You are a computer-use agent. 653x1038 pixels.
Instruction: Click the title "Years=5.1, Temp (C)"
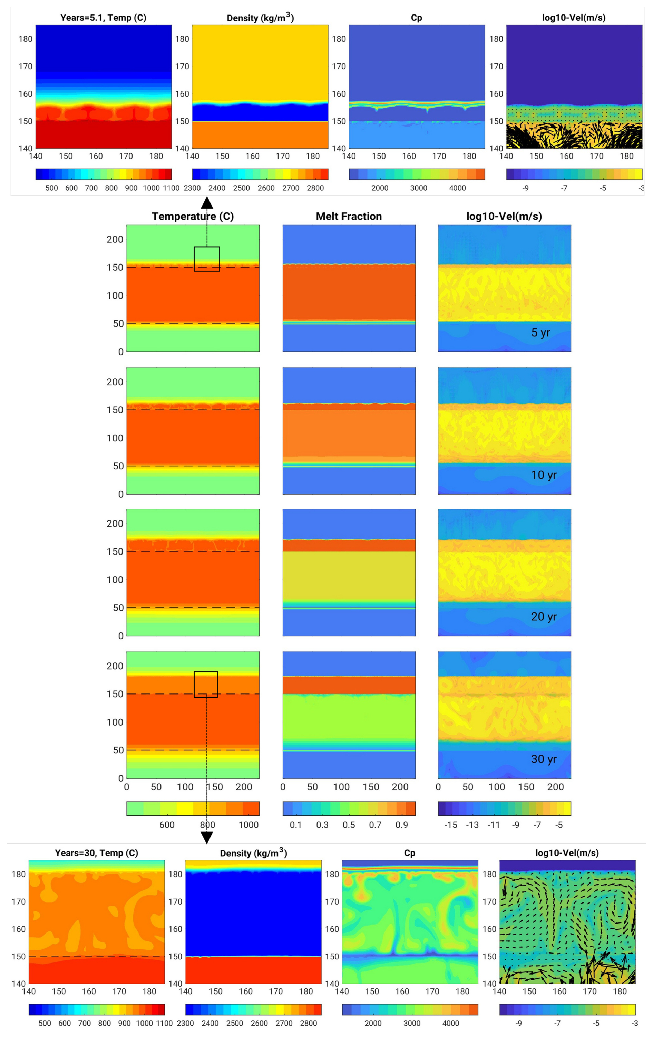[x=103, y=18]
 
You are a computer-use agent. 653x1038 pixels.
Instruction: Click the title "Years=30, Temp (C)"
[x=96, y=852]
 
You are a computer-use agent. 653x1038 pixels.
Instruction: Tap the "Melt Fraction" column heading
[x=349, y=217]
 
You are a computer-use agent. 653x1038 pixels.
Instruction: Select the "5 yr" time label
[x=540, y=332]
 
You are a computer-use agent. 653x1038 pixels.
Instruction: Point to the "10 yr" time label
[x=544, y=475]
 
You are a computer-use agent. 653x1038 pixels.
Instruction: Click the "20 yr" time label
[x=544, y=617]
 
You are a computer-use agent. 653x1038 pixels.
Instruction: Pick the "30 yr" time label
[x=544, y=759]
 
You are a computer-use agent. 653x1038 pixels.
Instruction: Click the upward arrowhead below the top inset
[x=207, y=203]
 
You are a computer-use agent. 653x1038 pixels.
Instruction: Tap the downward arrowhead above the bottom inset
[x=207, y=838]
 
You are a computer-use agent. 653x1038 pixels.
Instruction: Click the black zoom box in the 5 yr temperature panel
[x=207, y=259]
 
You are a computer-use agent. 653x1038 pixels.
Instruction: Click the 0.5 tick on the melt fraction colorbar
[x=349, y=825]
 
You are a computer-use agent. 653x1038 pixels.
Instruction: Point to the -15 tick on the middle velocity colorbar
[x=451, y=825]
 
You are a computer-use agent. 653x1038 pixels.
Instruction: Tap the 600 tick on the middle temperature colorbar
[x=167, y=825]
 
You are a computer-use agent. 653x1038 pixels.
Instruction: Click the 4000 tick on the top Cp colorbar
[x=458, y=188]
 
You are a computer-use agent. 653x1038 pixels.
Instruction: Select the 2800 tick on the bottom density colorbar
[x=309, y=1023]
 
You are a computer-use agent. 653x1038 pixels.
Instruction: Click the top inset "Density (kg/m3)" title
[x=260, y=18]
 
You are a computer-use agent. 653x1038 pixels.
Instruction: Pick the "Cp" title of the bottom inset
[x=410, y=852]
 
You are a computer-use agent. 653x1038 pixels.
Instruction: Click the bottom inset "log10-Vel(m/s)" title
[x=567, y=852]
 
